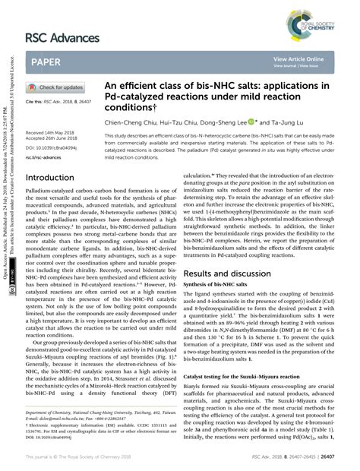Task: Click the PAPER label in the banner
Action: click(48, 60)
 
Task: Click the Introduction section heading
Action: click(55, 178)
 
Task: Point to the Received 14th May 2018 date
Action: click(54, 132)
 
